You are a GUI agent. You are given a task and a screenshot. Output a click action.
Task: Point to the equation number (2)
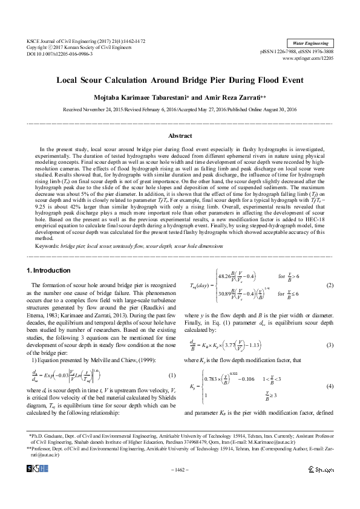[x=330, y=285]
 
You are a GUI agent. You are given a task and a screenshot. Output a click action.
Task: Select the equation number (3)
[x=330, y=345]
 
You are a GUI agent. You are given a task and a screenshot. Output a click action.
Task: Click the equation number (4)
[x=330, y=386]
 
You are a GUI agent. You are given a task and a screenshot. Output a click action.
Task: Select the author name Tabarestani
[x=159, y=96]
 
